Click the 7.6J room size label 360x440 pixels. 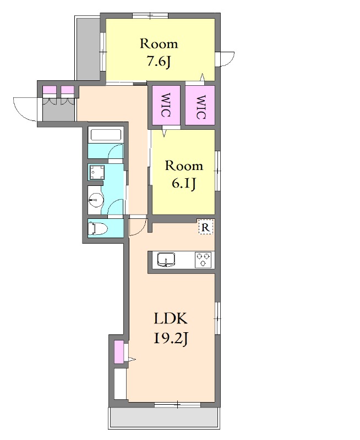coord(159,62)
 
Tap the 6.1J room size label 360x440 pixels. coord(184,184)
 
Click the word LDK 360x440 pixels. coord(171,319)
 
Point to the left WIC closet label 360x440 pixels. coord(165,105)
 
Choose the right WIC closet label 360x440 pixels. coord(200,107)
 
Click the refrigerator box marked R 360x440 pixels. coord(206,227)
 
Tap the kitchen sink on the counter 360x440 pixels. coord(166,259)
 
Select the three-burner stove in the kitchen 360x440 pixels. coord(203,259)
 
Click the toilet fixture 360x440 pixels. coord(98,228)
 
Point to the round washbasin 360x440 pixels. coord(96,200)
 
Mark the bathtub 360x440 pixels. coord(105,134)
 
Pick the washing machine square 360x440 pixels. coord(97,172)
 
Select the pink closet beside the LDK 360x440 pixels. coord(119,351)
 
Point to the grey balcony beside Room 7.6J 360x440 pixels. coord(88,48)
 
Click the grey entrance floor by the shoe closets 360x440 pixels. coord(58,111)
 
